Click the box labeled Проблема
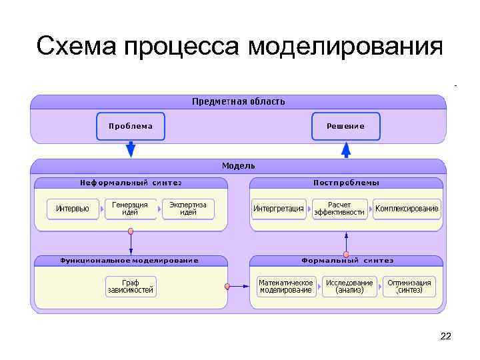point(131,126)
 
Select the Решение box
point(345,126)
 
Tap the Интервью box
point(73,209)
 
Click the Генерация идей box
point(130,209)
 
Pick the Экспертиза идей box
point(188,209)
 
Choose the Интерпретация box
point(278,209)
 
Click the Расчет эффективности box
point(339,209)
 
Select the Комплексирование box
point(407,209)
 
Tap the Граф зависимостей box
point(131,287)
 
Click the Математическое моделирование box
point(285,287)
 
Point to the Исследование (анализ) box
point(349,287)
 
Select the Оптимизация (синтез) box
point(409,287)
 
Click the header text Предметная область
point(238,101)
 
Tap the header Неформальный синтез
point(131,183)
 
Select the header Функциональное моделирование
point(129,261)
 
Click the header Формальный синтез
point(347,261)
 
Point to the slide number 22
point(445,337)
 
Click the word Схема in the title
point(76,47)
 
